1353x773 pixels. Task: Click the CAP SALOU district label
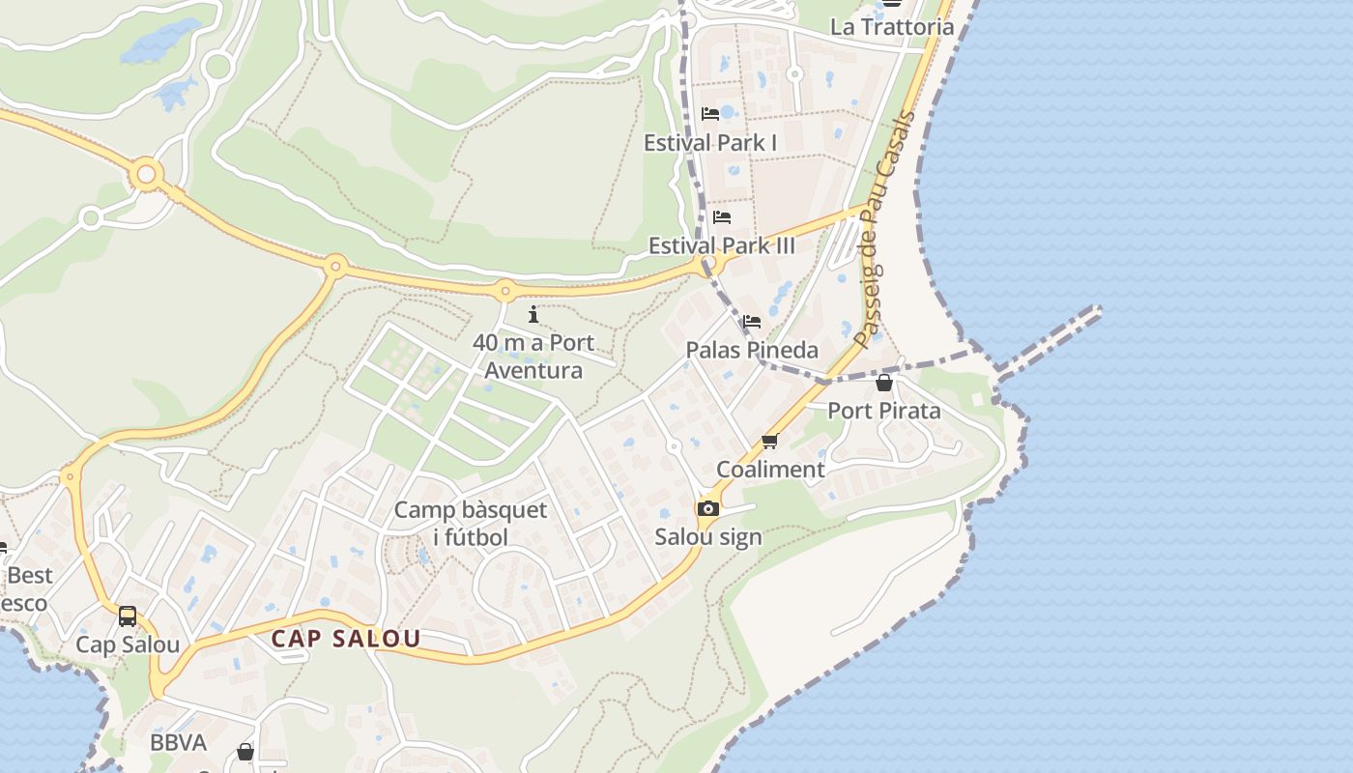tap(346, 639)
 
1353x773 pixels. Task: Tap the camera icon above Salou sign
tap(708, 508)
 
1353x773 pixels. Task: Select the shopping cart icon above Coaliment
tap(769, 442)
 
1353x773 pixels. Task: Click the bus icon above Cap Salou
tap(127, 616)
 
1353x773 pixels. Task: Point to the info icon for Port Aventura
tap(533, 314)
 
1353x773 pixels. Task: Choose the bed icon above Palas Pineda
tap(752, 322)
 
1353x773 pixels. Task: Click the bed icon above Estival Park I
tap(710, 114)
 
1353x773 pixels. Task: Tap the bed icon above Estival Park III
tap(721, 217)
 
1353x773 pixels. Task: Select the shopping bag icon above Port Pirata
tap(883, 383)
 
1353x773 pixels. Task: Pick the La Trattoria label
tap(892, 26)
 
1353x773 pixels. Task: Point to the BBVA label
tap(179, 742)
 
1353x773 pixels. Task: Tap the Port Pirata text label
tap(883, 411)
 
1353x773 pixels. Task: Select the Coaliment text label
tap(770, 470)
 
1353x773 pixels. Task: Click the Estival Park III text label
tap(721, 245)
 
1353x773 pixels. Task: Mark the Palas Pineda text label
tap(752, 350)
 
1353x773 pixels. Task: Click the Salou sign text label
tap(708, 537)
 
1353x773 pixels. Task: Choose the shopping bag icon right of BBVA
tap(245, 751)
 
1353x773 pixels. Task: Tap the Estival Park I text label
tap(710, 143)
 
